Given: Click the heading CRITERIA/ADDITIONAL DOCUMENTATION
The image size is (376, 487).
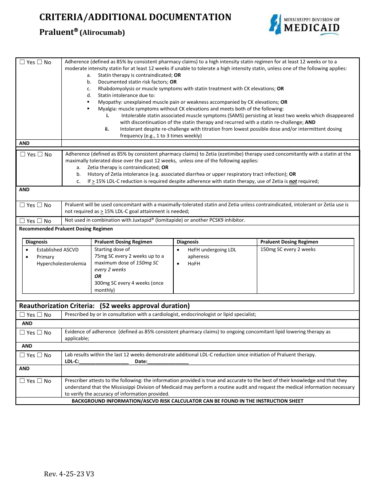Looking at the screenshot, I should pyautogui.click(x=135, y=17).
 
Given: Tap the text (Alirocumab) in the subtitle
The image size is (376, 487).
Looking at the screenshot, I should pyautogui.click(x=102, y=33).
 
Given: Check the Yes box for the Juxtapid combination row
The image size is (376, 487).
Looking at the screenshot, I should pyautogui.click(x=22, y=221).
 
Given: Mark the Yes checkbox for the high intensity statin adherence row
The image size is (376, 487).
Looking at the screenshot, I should pyautogui.click(x=22, y=62).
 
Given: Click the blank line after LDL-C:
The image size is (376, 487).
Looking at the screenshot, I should pyautogui.click(x=104, y=361).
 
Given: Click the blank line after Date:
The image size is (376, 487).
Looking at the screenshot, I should pyautogui.click(x=168, y=361).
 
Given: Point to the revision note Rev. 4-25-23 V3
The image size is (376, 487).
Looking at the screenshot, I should pyautogui.click(x=69, y=474).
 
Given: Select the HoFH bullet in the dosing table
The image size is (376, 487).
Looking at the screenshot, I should pyautogui.click(x=194, y=263).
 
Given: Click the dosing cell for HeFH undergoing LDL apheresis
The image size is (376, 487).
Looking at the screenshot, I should pyautogui.click(x=288, y=249).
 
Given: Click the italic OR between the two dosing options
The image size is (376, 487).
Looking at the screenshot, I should pyautogui.click(x=98, y=276).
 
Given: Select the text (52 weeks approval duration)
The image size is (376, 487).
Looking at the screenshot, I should pyautogui.click(x=145, y=306).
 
